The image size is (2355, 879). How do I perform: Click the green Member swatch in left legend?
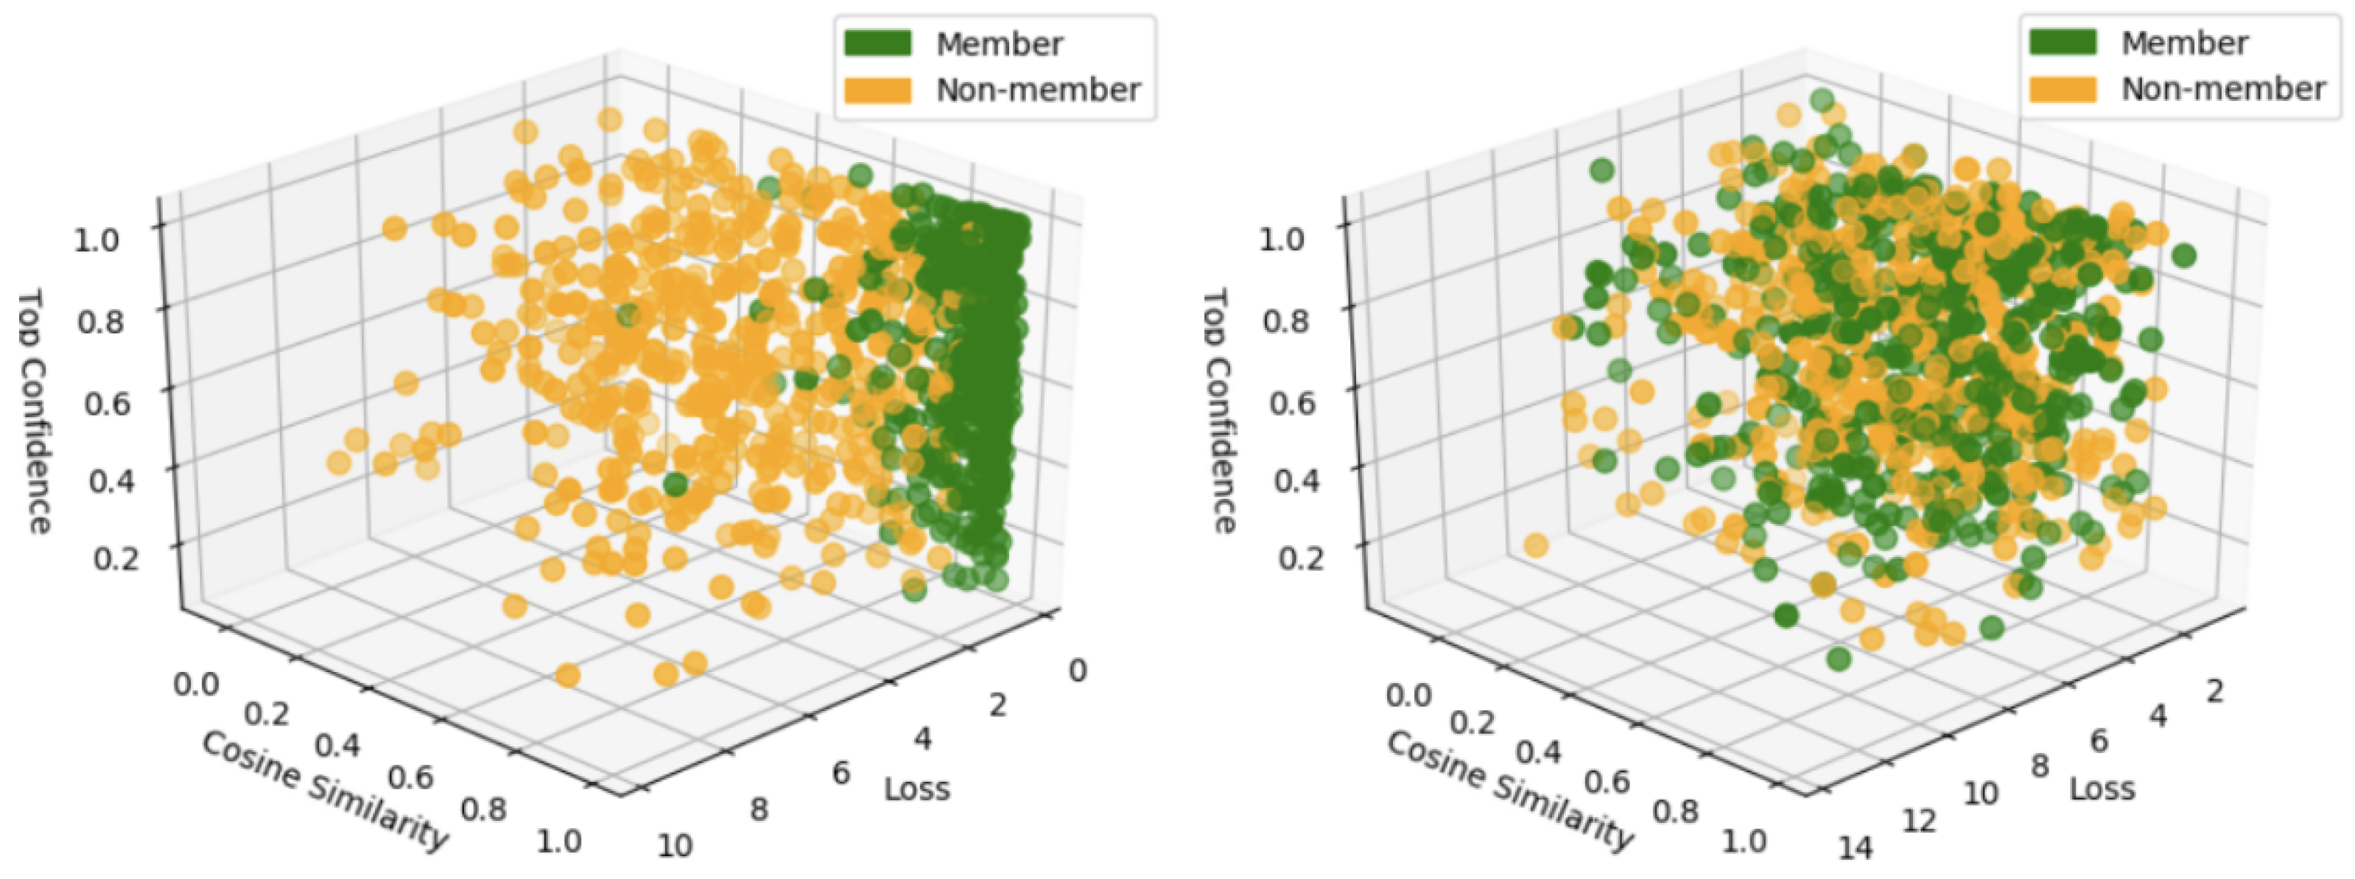(x=877, y=43)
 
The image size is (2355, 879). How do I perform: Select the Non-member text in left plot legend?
(x=1038, y=91)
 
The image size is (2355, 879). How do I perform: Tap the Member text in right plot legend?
(x=2184, y=43)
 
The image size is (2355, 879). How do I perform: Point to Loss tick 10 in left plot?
(x=675, y=845)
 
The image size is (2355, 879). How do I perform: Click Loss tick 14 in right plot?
(x=1855, y=849)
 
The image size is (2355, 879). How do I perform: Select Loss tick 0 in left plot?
(x=1078, y=670)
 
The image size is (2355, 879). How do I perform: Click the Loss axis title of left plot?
(x=917, y=788)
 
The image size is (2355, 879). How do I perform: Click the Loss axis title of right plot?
(x=2102, y=788)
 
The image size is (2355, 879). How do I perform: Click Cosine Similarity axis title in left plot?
(x=325, y=791)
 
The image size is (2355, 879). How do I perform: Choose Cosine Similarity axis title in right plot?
(x=1510, y=791)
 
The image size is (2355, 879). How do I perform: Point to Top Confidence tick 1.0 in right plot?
(x=1282, y=239)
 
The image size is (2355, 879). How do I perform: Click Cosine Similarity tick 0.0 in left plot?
(x=196, y=684)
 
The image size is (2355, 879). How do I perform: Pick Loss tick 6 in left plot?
(x=841, y=773)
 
